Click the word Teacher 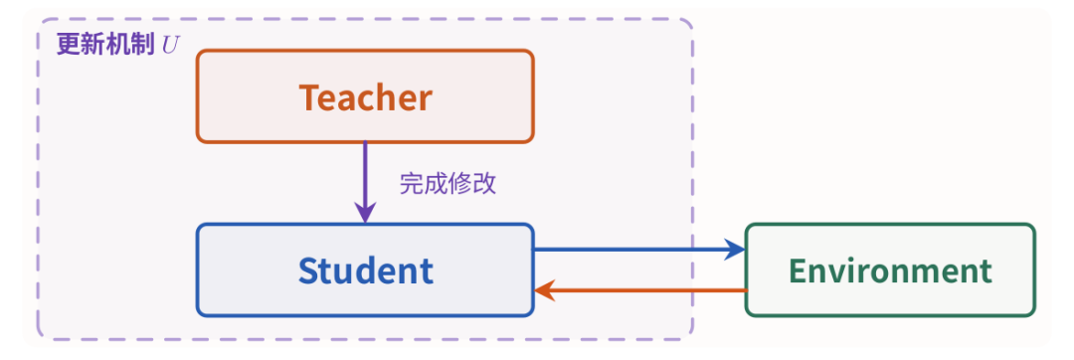(x=365, y=97)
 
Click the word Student (x=365, y=270)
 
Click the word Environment (x=890, y=270)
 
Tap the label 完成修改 (x=447, y=183)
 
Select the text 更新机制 (x=105, y=45)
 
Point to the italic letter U (x=171, y=45)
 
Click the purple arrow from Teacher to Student (x=365, y=182)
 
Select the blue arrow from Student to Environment (x=639, y=250)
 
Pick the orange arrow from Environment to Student (x=639, y=290)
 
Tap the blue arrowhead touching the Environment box (x=735, y=250)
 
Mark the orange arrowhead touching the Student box (x=545, y=290)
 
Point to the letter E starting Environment (x=799, y=270)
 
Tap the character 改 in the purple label (x=484, y=183)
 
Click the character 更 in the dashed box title (x=69, y=45)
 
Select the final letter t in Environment (x=984, y=271)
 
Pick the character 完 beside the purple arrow (x=411, y=183)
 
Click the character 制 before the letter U (x=142, y=45)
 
